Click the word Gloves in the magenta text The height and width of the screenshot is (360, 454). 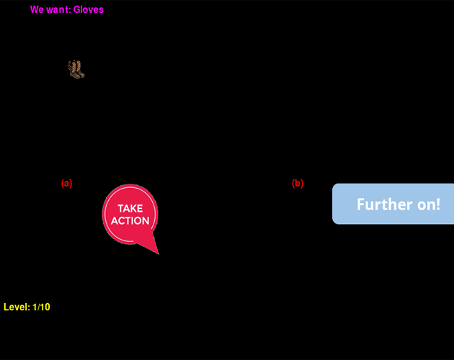89,10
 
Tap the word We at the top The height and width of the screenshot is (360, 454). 36,10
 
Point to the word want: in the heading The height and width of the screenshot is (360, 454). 58,10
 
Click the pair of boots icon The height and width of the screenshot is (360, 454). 76,69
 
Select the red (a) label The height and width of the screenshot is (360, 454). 67,184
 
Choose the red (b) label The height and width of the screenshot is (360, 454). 298,184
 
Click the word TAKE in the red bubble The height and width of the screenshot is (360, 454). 130,209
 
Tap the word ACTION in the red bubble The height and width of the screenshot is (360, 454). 130,221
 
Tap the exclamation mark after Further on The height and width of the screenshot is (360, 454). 438,204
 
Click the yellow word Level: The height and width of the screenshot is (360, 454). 17,307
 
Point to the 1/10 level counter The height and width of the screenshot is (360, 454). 41,307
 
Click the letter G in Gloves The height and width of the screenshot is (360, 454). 76,10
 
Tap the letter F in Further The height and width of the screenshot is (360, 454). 360,204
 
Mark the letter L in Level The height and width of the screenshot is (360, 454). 6,307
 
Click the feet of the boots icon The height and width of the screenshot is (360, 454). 79,75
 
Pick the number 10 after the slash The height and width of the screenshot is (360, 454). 45,307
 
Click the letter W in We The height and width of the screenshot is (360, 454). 34,10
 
